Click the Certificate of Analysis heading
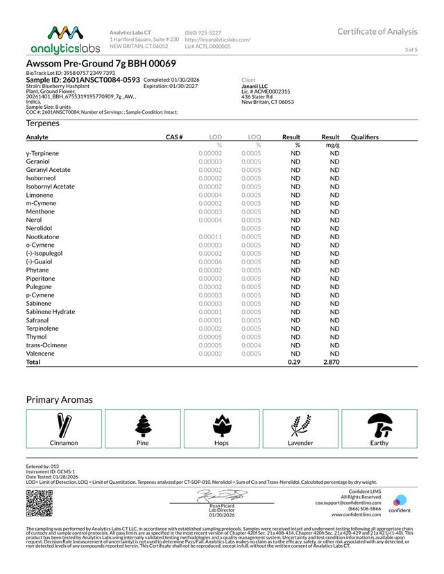pos(377,31)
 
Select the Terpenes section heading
pos(43,123)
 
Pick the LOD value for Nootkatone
pos(210,237)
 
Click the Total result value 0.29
pos(295,363)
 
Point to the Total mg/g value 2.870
pos(330,363)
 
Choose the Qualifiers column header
pos(365,137)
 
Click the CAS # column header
pos(173,137)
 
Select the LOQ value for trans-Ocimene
pos(251,345)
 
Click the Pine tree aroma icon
pos(143,424)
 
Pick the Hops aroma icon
pos(221,424)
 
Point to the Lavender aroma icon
pos(300,424)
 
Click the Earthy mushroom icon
pos(379,424)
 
